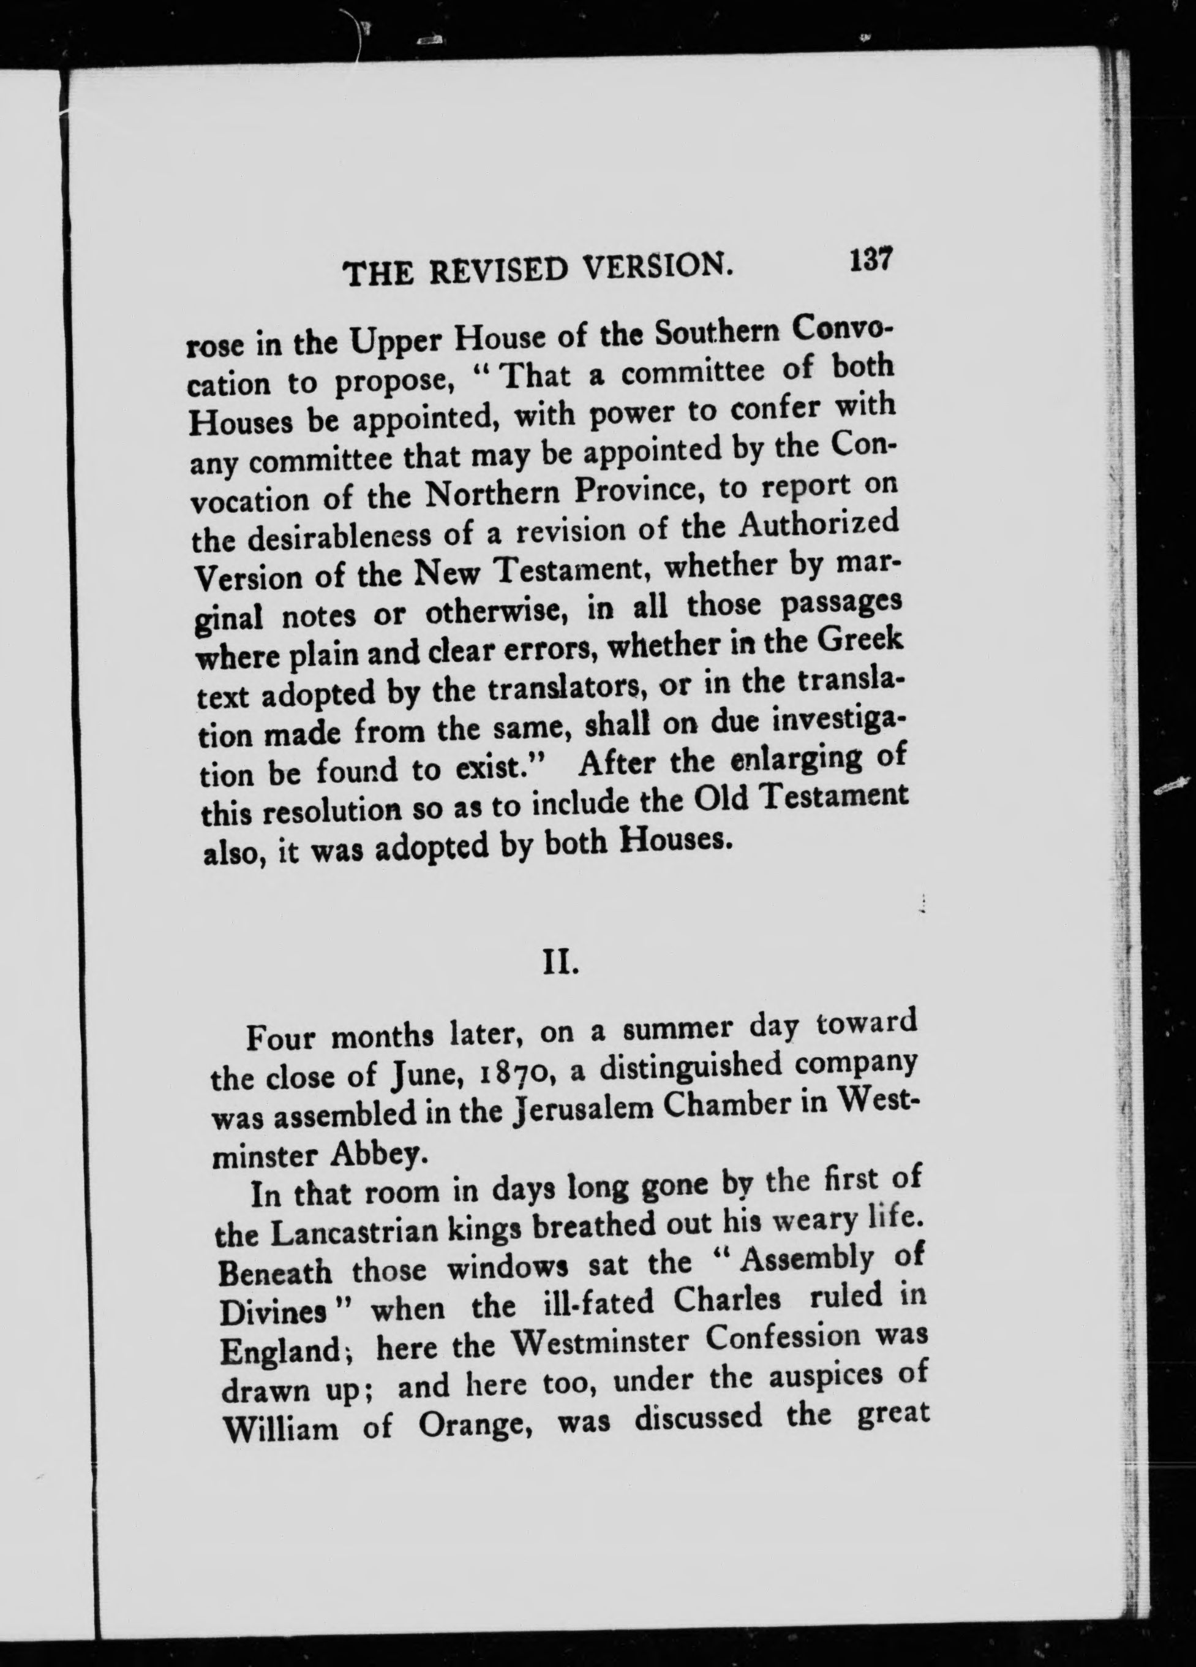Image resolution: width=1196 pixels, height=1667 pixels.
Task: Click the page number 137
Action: pos(870,260)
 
